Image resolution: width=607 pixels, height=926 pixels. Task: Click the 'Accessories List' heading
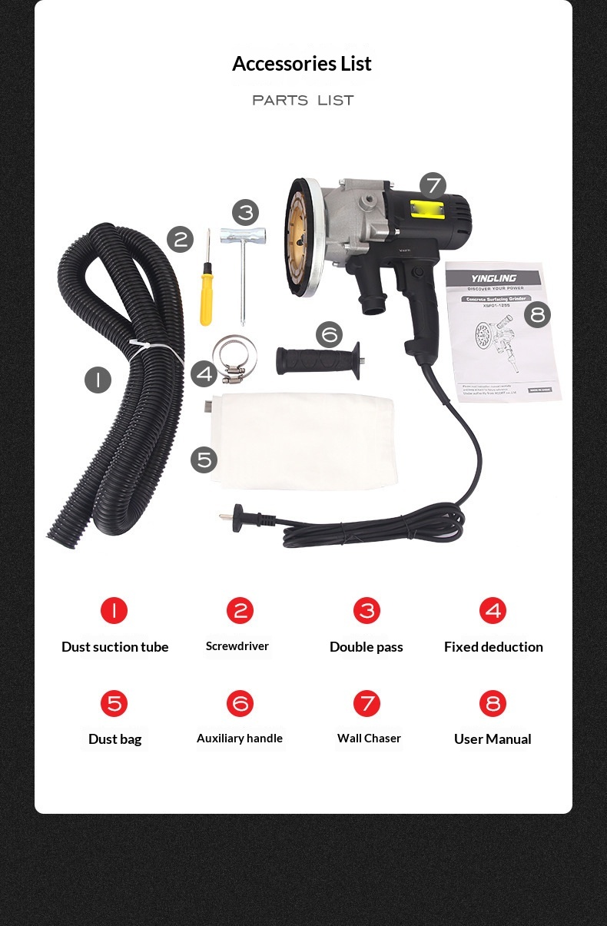(x=302, y=64)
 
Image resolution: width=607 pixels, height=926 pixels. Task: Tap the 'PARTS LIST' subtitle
(x=303, y=101)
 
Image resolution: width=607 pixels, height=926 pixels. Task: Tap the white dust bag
(x=303, y=440)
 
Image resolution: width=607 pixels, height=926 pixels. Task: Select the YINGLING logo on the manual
(x=493, y=278)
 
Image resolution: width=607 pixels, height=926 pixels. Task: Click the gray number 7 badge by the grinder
(x=433, y=185)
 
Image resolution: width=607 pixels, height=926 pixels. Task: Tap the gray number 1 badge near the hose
(x=98, y=380)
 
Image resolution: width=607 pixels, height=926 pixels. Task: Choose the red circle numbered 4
(x=493, y=611)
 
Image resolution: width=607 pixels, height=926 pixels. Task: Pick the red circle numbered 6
(x=240, y=703)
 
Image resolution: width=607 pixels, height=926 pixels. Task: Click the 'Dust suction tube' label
(x=114, y=647)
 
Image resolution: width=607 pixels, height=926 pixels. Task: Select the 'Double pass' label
(x=366, y=647)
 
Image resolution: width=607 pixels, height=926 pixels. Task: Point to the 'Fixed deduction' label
(x=493, y=647)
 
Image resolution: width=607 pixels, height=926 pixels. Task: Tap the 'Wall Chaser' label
(x=369, y=738)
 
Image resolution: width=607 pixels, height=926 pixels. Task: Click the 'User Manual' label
(x=493, y=739)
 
